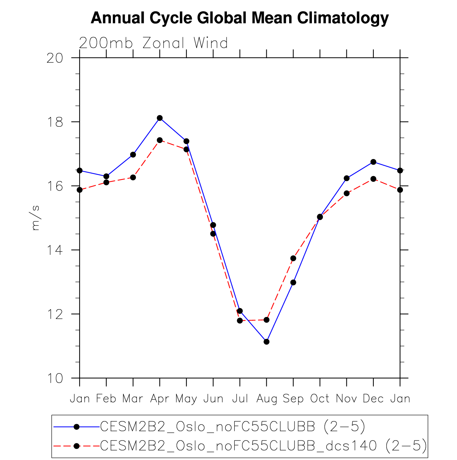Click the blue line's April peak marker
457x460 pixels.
(160, 118)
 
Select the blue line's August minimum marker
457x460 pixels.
(266, 342)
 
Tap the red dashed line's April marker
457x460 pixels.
(160, 140)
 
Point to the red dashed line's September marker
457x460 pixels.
(293, 258)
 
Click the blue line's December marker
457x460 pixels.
(373, 162)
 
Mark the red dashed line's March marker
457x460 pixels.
(133, 177)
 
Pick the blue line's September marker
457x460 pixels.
(293, 283)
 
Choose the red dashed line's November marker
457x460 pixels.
(346, 193)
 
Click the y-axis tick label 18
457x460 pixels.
(55, 122)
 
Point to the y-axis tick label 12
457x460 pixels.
(55, 314)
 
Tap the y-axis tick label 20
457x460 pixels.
(55, 58)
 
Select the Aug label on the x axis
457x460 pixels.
(266, 399)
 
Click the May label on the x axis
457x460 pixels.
(186, 399)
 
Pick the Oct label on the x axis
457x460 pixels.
(320, 399)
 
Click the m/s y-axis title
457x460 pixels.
(36, 218)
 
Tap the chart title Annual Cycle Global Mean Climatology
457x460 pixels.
(240, 18)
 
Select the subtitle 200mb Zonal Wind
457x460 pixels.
(153, 43)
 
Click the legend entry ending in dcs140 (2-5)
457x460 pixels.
(263, 445)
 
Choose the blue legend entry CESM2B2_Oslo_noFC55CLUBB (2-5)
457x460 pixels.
(233, 427)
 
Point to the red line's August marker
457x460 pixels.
(266, 320)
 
